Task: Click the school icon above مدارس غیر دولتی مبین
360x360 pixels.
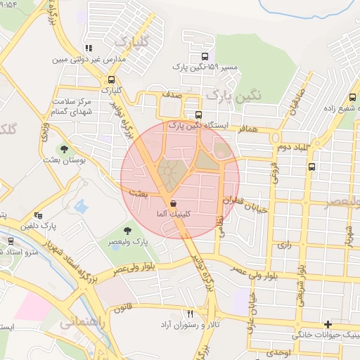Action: click(89, 49)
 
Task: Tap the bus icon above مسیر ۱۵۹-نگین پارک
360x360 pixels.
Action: click(205, 56)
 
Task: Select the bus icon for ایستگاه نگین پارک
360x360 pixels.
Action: click(198, 114)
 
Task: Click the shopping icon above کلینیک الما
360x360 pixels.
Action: click(172, 203)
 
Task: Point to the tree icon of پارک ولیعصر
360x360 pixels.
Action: click(127, 230)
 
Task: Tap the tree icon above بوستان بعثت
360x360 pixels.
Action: click(64, 149)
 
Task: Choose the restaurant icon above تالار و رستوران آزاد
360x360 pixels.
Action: click(190, 314)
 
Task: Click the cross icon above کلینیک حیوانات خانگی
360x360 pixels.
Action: click(328, 324)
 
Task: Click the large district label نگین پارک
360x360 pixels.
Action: click(227, 94)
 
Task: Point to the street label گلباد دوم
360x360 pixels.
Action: click(293, 146)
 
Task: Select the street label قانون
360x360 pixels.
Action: click(124, 307)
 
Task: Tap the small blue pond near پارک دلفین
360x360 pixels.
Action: click(81, 207)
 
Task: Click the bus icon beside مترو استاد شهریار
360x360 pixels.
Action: click(10, 241)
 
